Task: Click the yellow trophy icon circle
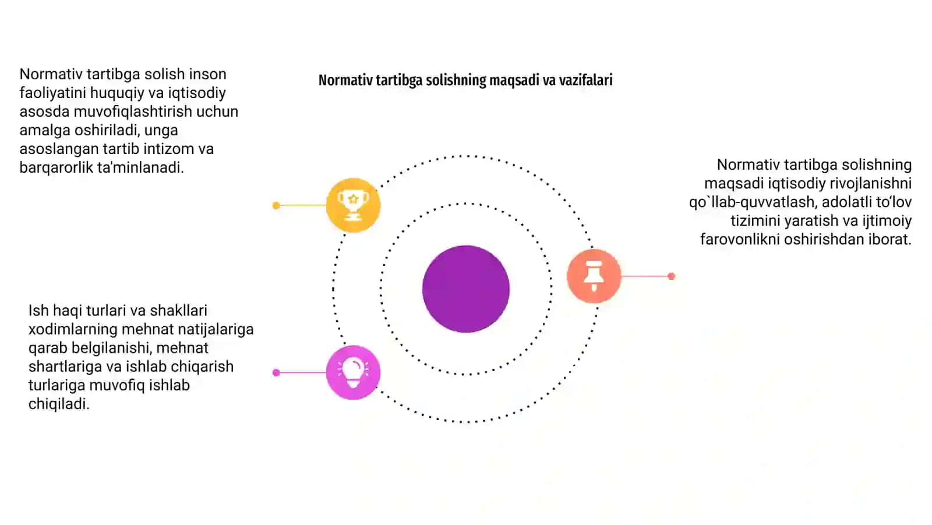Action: (353, 205)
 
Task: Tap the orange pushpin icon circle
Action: (594, 276)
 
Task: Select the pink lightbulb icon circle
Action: (353, 373)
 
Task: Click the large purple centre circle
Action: (466, 289)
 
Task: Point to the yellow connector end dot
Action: (276, 205)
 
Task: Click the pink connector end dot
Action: (276, 373)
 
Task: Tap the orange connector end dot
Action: (671, 276)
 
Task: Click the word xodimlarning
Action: (73, 329)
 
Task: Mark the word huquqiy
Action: (117, 93)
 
